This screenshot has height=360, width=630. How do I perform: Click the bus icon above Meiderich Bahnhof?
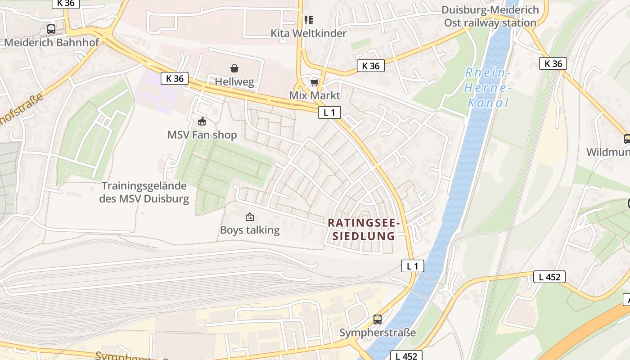pos(51,29)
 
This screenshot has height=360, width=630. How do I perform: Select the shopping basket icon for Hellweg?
pos(234,68)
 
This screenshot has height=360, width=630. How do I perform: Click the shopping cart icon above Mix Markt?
pos(315,82)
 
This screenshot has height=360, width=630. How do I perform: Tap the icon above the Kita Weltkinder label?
pos(308,20)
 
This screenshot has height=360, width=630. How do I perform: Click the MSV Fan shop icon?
pos(202,121)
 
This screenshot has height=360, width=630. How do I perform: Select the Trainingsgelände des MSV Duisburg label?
pos(144,192)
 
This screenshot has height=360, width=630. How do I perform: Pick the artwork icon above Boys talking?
pos(249,217)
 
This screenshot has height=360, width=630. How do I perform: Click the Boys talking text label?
pos(249,230)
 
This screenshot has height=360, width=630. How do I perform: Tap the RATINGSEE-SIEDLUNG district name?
pos(364,229)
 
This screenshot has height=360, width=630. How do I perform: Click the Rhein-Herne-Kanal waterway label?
pos(488,87)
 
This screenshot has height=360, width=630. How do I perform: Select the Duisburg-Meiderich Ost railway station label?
pos(490,16)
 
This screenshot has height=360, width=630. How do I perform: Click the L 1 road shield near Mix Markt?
pos(329,112)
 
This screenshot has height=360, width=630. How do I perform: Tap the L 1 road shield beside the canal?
pos(413,266)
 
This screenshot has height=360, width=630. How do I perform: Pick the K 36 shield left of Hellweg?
pos(175,78)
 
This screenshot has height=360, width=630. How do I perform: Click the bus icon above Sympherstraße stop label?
pos(378,319)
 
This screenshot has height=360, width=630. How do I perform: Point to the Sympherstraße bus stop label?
pos(378,333)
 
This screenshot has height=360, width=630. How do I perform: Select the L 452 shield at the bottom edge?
pos(406,356)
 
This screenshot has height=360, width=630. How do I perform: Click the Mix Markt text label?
pos(315,95)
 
